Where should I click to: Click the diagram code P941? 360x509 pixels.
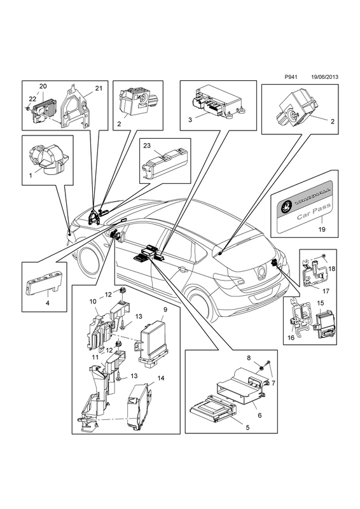tap(290, 77)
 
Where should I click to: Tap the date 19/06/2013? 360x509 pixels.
tap(324, 77)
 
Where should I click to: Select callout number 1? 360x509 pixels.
tap(30, 176)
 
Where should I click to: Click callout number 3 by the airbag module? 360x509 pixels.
tap(190, 120)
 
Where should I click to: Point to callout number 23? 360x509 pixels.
tap(147, 146)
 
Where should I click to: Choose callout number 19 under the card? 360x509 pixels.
tap(321, 229)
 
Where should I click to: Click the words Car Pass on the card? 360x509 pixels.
tap(314, 211)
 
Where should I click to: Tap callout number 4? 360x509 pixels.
tap(48, 303)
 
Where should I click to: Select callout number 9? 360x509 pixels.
tap(165, 309)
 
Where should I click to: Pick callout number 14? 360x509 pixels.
tap(161, 378)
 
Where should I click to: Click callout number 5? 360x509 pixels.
tap(247, 428)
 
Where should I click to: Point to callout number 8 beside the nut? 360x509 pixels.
tap(249, 358)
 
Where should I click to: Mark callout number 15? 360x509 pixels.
tap(320, 303)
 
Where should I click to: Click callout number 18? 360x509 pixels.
tap(331, 268)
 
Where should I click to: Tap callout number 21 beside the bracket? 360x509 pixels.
tap(99, 88)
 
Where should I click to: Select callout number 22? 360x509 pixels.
tap(32, 99)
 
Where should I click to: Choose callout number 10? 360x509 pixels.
tap(93, 302)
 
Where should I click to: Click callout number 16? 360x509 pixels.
tap(291, 338)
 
